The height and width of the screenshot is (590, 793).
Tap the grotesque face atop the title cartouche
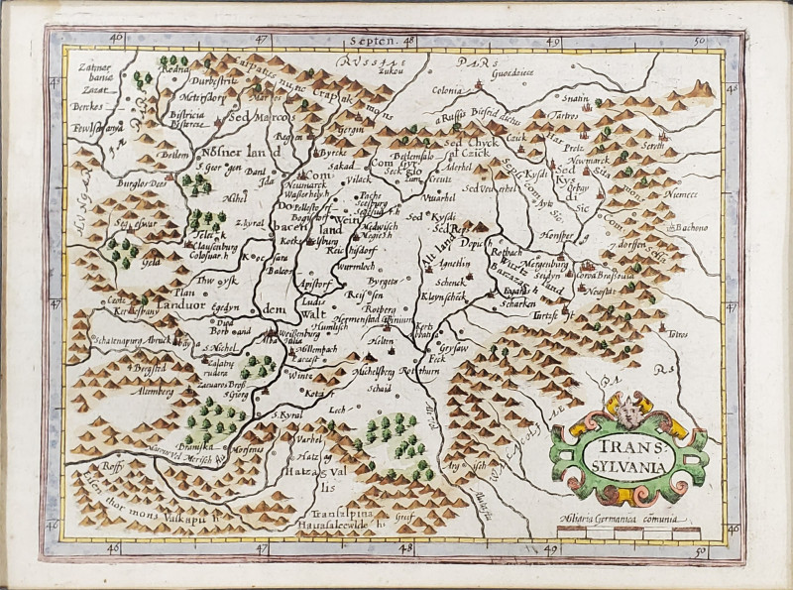coord(629,406)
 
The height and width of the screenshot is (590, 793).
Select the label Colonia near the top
coord(447,90)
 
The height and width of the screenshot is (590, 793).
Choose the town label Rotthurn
coord(420,373)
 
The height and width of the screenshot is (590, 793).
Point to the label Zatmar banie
coord(90,71)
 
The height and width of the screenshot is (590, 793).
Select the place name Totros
coord(678,334)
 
